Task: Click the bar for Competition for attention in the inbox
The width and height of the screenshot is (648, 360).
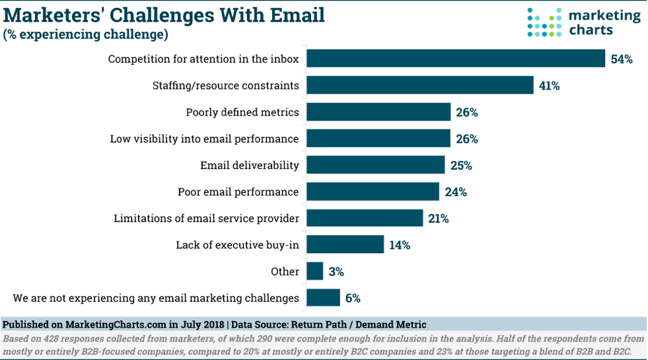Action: point(456,59)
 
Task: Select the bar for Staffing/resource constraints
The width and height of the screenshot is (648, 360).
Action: point(420,85)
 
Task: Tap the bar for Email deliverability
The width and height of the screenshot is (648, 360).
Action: point(376,165)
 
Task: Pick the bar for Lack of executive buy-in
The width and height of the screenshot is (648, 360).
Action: point(345,244)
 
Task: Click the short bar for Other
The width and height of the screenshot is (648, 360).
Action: point(315,271)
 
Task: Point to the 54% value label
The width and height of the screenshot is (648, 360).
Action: point(622,59)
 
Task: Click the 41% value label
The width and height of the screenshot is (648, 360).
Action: point(549,86)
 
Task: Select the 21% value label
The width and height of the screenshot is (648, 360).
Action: point(438,219)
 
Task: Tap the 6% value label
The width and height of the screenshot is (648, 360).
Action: point(353,299)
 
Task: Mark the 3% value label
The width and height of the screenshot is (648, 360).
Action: point(336,271)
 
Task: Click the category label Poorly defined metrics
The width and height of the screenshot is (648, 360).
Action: point(242,112)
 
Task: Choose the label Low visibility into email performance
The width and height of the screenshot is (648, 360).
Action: point(204,139)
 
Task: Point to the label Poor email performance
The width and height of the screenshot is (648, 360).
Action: point(238,192)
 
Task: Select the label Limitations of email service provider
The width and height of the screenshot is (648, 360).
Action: point(206,219)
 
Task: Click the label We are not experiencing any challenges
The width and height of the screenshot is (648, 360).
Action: point(156,299)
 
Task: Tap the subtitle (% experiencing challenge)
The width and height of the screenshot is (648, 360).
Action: point(85,34)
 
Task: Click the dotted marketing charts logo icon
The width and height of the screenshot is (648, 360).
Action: point(543,22)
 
